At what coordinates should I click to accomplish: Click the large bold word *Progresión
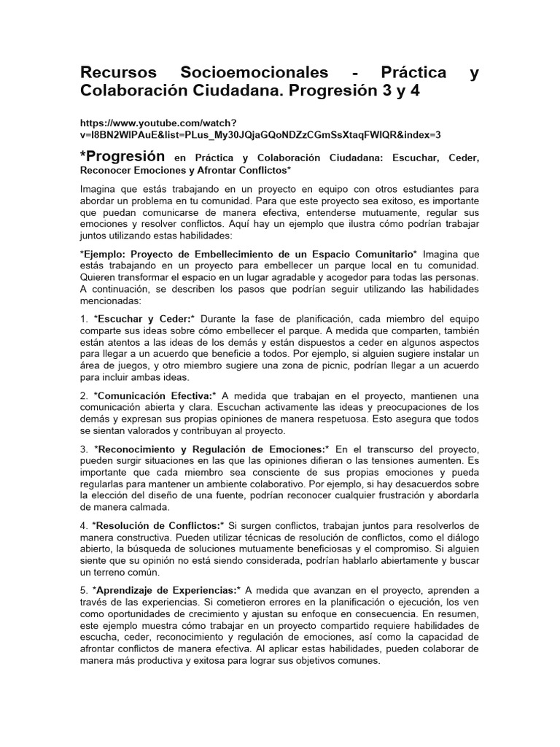coord(123,157)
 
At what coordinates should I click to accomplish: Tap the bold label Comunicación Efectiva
coord(154,395)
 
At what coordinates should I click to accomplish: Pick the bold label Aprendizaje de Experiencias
coord(166,589)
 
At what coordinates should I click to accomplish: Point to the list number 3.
coord(84,448)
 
